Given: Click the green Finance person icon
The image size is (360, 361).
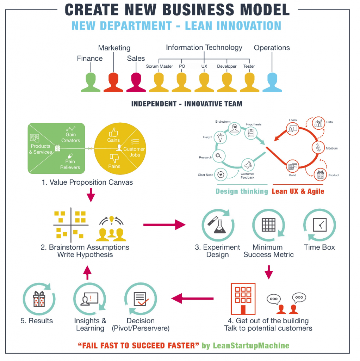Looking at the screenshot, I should pos(91,82).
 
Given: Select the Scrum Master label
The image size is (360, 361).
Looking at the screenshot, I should pos(160,66).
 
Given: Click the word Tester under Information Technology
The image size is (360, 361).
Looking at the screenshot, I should pos(249,66).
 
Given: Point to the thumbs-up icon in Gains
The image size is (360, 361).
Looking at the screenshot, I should pos(113,132).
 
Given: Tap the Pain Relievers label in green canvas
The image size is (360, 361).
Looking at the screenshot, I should pos(70,164).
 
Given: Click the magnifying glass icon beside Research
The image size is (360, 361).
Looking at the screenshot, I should pos(218,155).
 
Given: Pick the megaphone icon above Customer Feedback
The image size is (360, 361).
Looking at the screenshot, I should pos(248,165).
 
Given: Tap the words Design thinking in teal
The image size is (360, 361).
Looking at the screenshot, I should pos(242,191).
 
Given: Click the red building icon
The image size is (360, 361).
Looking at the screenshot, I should pos(243,298).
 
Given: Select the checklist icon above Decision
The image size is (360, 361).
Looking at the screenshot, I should pos(141,299).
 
